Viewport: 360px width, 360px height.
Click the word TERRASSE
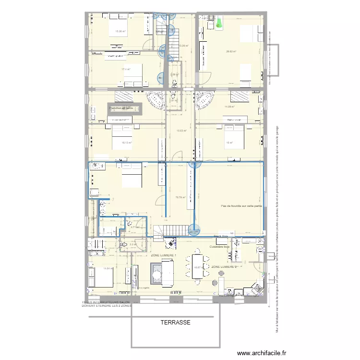point(176,323)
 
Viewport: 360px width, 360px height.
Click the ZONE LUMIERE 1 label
point(163,255)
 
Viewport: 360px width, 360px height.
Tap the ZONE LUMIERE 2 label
point(224,266)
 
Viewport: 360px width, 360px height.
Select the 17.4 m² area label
point(126,69)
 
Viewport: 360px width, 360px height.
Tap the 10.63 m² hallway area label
point(181,131)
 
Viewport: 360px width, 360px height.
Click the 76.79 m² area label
point(180,197)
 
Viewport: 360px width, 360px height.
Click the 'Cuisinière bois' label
point(220,247)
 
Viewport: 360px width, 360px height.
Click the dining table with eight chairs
point(197,265)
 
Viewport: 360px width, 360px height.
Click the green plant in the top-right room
point(219,22)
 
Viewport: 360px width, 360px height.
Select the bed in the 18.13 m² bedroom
point(122,137)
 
